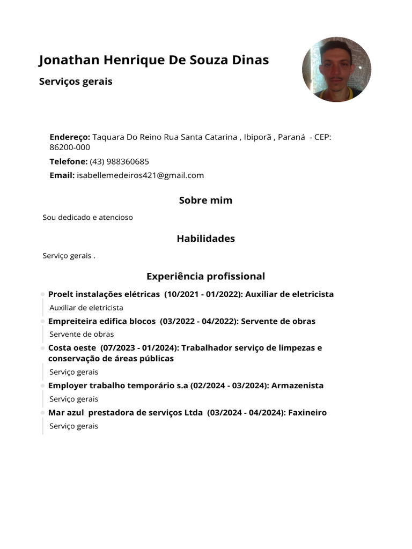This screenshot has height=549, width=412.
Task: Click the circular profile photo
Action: (336, 70)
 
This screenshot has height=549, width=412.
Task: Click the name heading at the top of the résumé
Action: (154, 60)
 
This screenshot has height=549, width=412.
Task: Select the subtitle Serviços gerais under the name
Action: (76, 82)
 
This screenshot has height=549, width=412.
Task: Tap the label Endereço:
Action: (70, 137)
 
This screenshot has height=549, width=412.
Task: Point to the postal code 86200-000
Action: (70, 147)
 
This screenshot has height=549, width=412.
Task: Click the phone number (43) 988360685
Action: (119, 161)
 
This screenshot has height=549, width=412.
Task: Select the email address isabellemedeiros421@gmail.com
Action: (141, 175)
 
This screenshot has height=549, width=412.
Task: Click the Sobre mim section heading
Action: (205, 201)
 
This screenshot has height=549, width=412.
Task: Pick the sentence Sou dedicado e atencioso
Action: (87, 218)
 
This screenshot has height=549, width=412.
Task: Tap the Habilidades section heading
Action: (205, 239)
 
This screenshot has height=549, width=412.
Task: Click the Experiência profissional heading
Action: (205, 277)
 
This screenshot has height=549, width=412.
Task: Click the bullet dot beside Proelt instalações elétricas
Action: (42, 294)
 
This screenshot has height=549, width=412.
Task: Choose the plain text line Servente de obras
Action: (82, 335)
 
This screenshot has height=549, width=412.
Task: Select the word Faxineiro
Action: (307, 413)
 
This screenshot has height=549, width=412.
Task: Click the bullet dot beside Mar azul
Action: (42, 413)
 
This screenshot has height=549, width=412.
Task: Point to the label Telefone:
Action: (68, 161)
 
